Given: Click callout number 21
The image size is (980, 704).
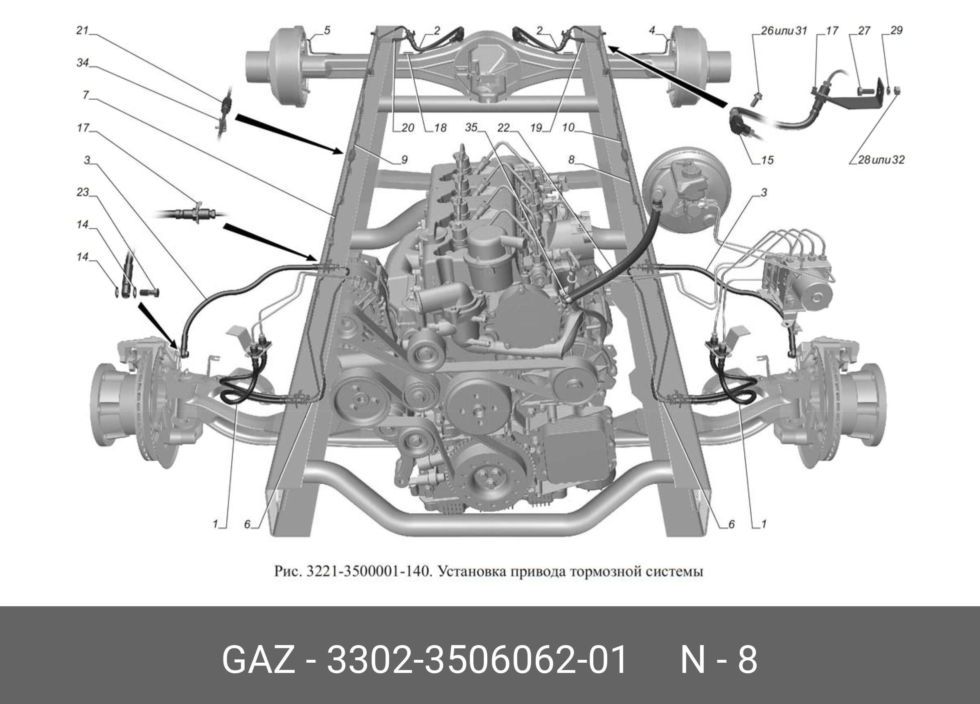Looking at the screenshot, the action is click(x=82, y=30).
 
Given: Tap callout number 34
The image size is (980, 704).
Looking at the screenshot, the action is click(x=83, y=63).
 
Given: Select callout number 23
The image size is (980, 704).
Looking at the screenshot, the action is click(x=83, y=192).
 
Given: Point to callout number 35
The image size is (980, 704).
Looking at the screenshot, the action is click(x=471, y=127).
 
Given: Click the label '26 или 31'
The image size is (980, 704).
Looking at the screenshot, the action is click(x=784, y=30).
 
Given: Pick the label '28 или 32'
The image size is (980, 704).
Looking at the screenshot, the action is click(x=881, y=160).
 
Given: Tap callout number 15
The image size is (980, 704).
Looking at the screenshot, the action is click(x=767, y=160).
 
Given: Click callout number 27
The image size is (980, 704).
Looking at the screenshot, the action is click(x=864, y=30).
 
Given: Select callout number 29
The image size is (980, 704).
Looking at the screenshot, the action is click(x=897, y=30).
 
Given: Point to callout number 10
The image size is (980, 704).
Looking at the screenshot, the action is click(x=568, y=127).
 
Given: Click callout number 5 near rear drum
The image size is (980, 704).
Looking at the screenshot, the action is click(x=327, y=30).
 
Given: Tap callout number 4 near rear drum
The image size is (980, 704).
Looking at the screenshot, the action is click(x=652, y=30).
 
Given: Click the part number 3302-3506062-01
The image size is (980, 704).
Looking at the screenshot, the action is click(x=477, y=659).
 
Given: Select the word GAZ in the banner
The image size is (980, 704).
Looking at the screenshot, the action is click(x=258, y=659).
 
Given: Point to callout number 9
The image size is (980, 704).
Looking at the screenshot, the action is click(x=404, y=160).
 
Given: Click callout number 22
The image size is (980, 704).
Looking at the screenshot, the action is click(x=503, y=127).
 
